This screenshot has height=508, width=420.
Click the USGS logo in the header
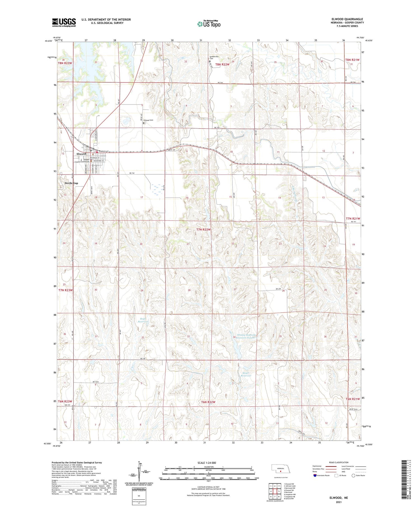point(64,22)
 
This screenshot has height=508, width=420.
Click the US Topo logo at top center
point(209,24)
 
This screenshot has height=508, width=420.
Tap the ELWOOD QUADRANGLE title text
point(347,19)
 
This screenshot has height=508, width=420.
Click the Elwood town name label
point(81,154)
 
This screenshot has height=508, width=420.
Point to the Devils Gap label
point(71,183)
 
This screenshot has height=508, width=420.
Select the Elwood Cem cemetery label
point(148,120)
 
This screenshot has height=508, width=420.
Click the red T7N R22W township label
point(203,229)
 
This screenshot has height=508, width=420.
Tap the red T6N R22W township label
point(208,402)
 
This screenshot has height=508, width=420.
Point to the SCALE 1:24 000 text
point(207,463)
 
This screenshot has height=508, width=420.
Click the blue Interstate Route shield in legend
point(315,475)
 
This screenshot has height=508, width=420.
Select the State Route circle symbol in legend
point(353,475)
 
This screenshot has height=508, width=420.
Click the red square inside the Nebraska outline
point(280,471)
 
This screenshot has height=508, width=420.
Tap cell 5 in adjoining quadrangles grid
point(279,491)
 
